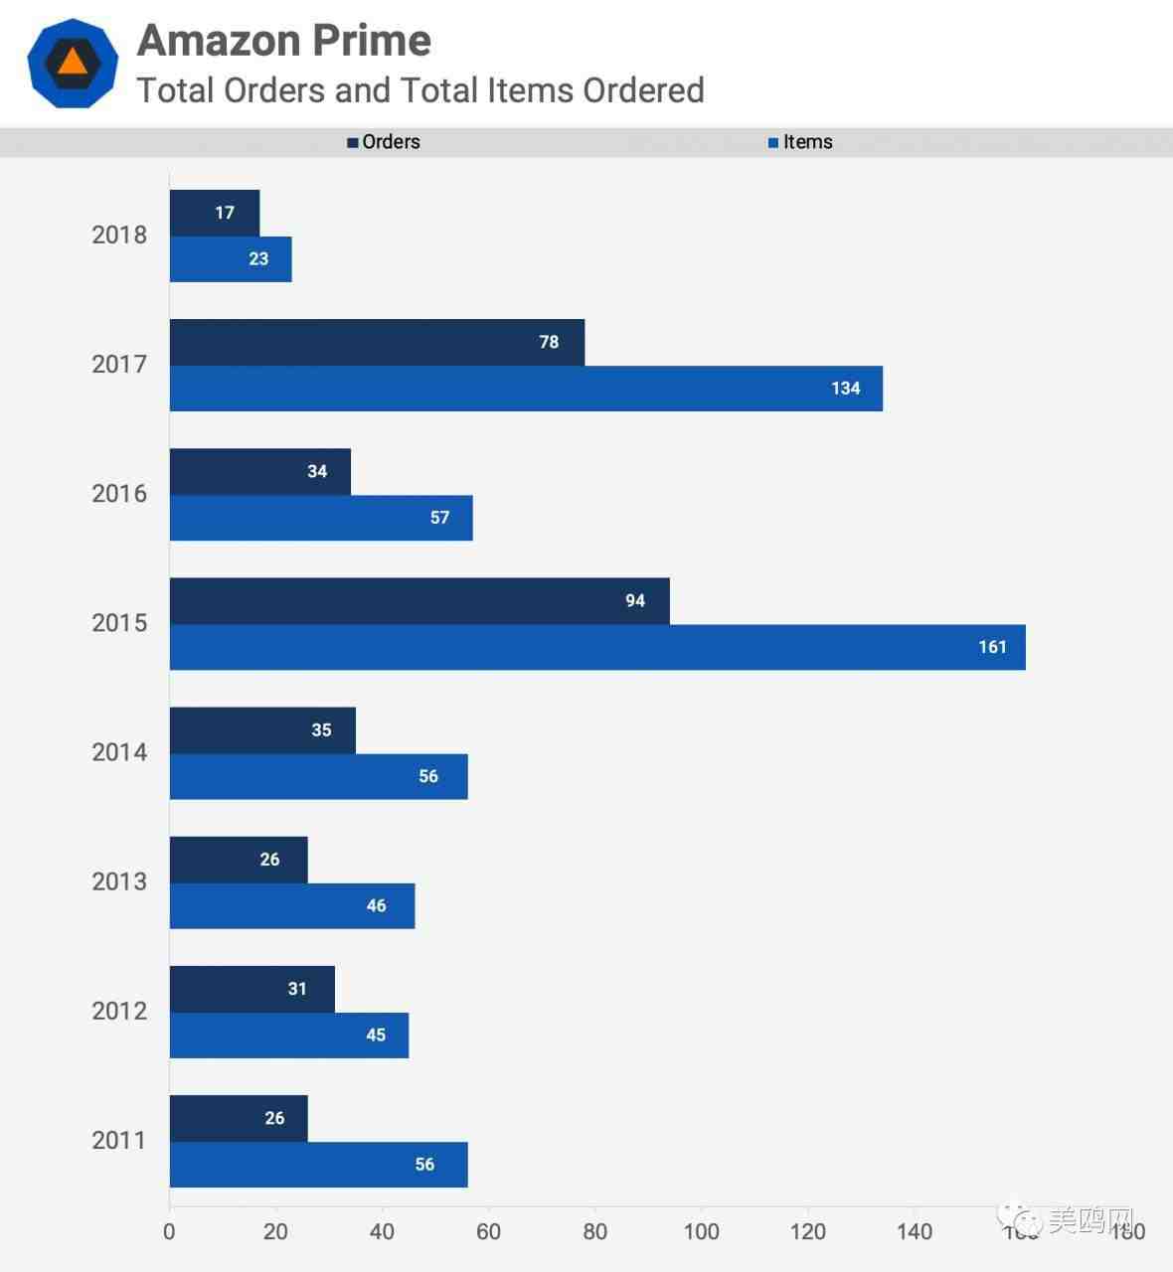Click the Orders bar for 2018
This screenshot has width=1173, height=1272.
214,213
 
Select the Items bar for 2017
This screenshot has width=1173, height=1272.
526,389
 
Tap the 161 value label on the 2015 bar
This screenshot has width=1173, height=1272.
992,647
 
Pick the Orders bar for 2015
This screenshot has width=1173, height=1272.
419,600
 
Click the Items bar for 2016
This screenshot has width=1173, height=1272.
320,518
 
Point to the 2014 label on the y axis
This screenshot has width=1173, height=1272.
119,752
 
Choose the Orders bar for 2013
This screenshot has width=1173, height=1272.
239,860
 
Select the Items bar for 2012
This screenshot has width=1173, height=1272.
288,1034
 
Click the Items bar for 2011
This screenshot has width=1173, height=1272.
318,1164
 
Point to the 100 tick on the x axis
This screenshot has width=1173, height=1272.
701,1231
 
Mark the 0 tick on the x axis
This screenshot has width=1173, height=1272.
169,1231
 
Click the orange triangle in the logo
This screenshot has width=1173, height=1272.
73,62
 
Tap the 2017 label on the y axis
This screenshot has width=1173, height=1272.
119,365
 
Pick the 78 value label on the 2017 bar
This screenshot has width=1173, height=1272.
549,342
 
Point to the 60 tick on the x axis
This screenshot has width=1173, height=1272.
488,1231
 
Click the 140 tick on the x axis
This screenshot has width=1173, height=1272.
914,1231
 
